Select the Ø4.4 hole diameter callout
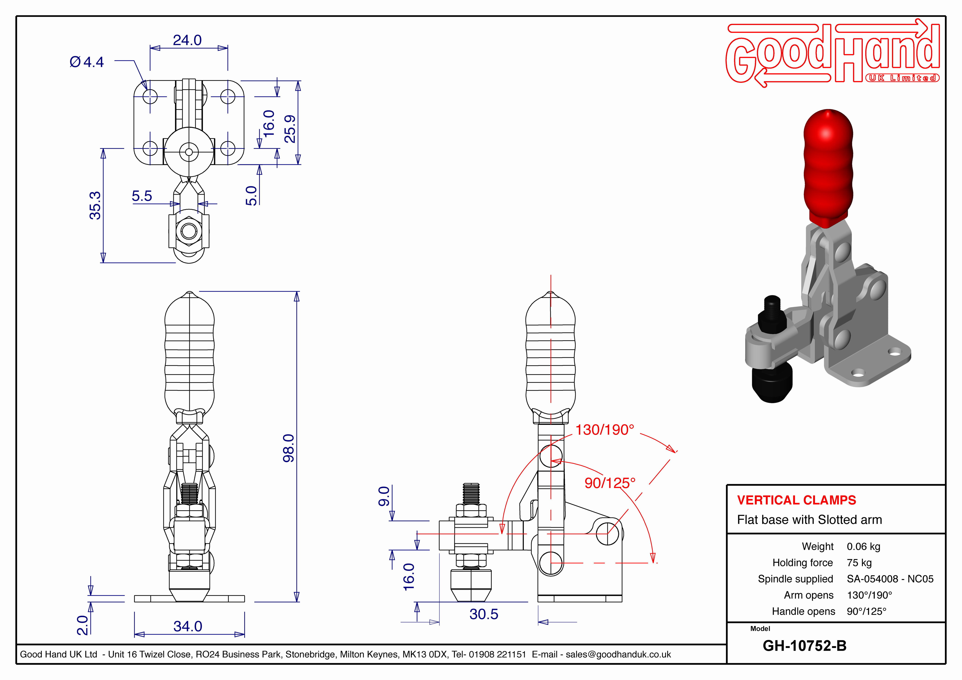87,62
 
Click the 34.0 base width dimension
188,626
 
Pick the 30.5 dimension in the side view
484,614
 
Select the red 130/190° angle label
605,430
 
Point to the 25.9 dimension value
290,129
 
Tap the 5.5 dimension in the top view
142,196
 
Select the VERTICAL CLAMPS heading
797,500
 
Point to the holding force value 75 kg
859,563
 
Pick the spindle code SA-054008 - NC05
890,579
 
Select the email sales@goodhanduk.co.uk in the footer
618,654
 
